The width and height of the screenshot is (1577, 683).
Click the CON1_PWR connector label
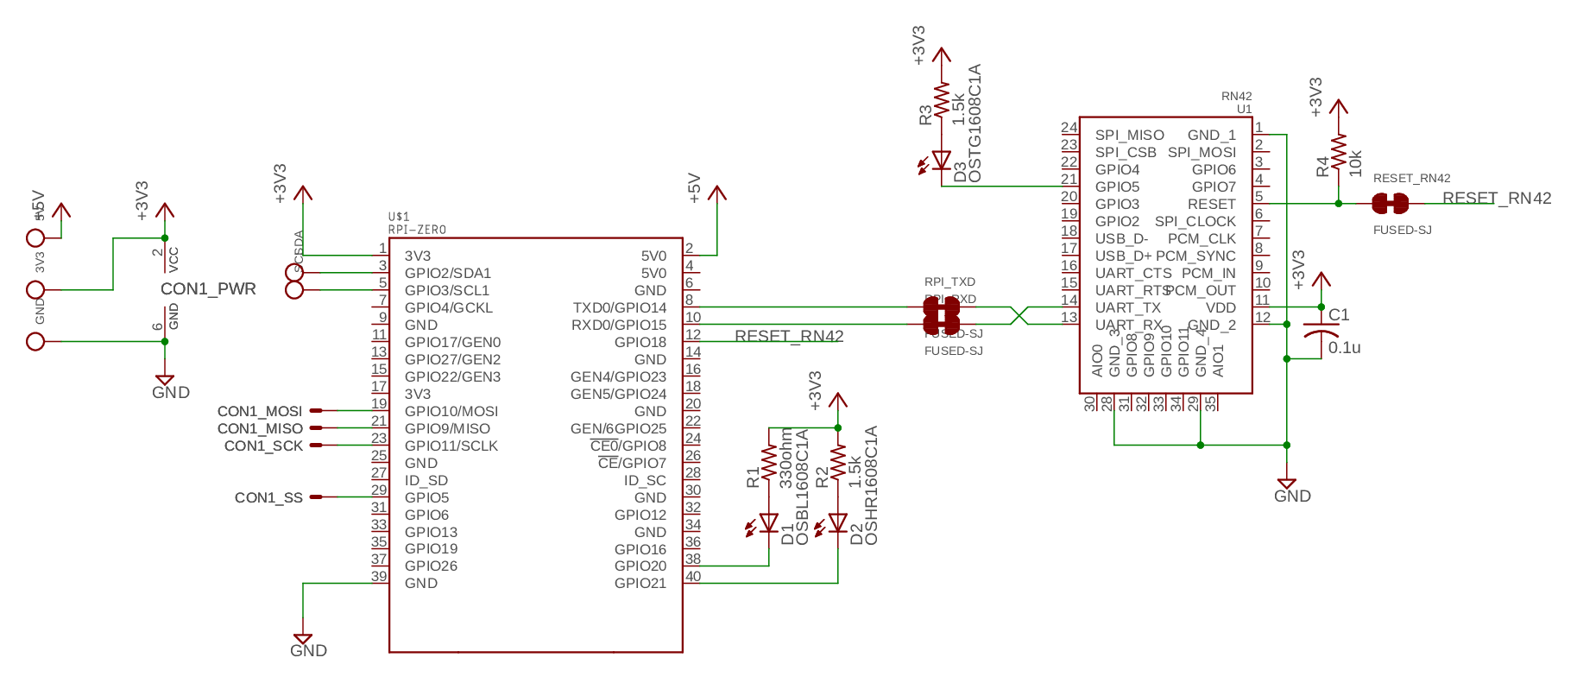[x=208, y=289]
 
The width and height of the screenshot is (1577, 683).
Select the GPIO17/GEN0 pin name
[x=452, y=342]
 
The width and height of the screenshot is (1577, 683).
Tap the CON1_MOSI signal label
[x=260, y=411]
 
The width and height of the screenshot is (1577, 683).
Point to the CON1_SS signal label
[x=268, y=497]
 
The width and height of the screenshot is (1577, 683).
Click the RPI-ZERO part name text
[x=417, y=230]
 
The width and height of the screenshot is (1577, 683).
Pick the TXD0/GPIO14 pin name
[x=619, y=307]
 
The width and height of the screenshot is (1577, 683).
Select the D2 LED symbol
[x=837, y=523]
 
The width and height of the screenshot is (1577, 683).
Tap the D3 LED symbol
[x=942, y=161]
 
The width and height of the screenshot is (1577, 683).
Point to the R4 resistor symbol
[x=1339, y=154]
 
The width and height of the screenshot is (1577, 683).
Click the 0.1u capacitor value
[x=1344, y=348]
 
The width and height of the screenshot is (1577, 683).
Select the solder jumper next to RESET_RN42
[x=1390, y=204]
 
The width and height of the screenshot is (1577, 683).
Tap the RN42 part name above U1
[x=1236, y=96]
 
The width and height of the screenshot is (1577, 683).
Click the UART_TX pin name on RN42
[x=1127, y=307]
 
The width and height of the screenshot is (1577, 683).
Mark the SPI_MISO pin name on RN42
[x=1129, y=135]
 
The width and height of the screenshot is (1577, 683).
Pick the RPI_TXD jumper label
[x=949, y=281]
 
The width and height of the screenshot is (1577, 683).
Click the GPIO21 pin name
[x=640, y=583]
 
